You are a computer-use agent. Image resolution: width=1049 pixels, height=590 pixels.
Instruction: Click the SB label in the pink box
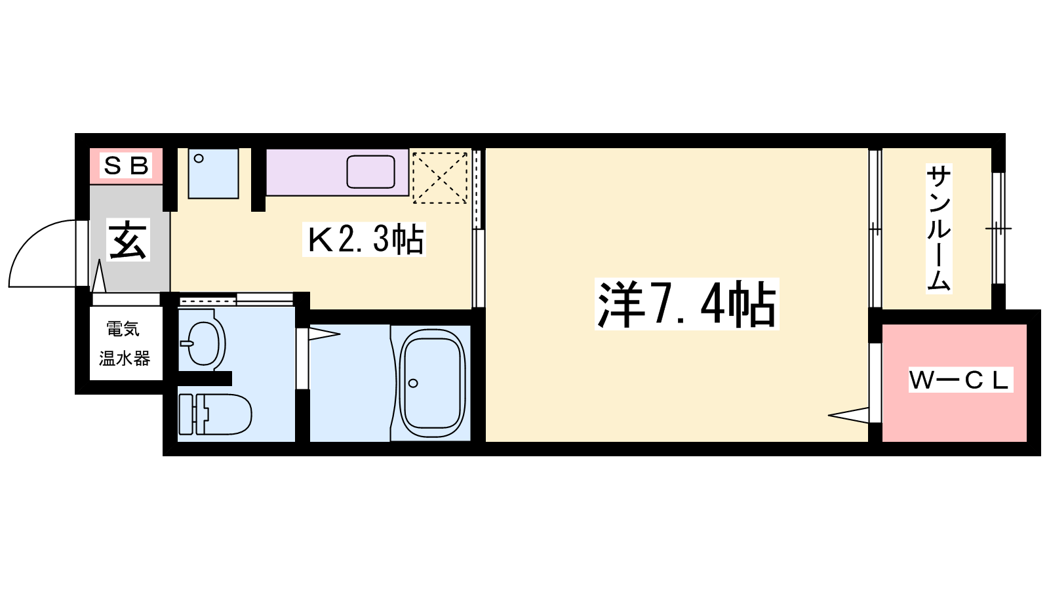click(x=126, y=165)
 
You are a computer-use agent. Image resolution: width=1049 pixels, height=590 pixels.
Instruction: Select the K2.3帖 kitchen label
click(x=365, y=239)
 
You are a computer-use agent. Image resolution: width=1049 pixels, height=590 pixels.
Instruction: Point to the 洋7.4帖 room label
click(x=686, y=304)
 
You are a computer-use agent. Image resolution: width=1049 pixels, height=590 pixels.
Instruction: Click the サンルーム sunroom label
click(x=938, y=229)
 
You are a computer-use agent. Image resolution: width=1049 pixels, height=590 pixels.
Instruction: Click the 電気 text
click(x=123, y=328)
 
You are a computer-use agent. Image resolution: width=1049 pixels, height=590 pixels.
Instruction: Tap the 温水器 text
click(x=124, y=359)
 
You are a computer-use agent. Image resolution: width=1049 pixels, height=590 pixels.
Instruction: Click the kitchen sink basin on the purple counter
click(x=370, y=172)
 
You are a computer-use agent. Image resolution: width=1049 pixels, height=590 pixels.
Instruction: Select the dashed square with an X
click(x=440, y=178)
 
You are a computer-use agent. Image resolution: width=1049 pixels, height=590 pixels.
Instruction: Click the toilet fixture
click(x=216, y=414)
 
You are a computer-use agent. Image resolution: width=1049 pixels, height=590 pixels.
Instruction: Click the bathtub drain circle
click(x=413, y=383)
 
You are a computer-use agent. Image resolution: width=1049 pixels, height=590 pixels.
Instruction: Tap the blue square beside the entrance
click(x=214, y=174)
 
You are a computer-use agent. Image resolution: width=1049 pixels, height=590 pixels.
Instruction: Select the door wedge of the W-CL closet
click(x=848, y=415)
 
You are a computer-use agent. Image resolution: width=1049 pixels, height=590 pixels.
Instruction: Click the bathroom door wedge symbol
click(x=324, y=334)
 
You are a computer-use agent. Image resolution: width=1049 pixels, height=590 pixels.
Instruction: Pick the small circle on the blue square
click(x=199, y=159)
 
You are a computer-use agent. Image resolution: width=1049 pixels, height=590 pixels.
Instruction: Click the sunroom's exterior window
click(x=999, y=229)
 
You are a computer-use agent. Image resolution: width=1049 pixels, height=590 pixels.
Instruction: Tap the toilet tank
click(x=186, y=414)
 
